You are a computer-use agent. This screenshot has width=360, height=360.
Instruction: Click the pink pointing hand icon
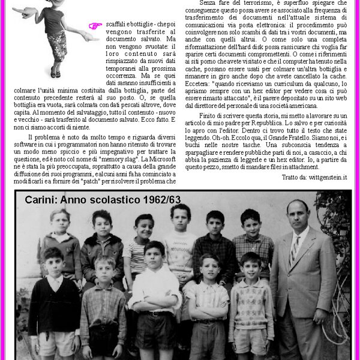[95, 26]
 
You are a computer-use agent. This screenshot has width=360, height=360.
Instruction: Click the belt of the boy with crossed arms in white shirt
[155, 313]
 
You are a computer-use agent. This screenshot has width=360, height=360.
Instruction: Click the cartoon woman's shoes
[55, 74]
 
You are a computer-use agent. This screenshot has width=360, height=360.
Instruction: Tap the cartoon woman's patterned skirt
[58, 46]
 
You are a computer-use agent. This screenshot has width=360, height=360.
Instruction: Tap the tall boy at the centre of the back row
[179, 240]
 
